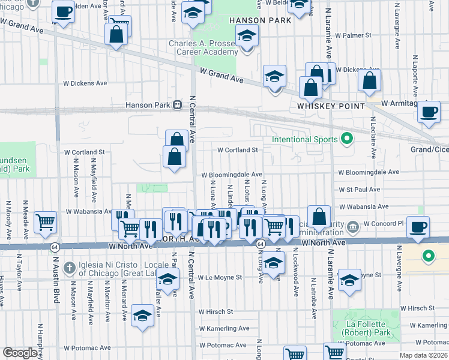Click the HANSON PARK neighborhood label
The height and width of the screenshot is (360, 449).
click(x=260, y=20)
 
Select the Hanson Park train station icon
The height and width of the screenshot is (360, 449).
click(x=177, y=105)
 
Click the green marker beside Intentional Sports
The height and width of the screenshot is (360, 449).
click(x=346, y=139)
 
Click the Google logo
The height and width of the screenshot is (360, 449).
click(x=20, y=353)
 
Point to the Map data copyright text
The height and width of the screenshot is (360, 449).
click(x=424, y=355)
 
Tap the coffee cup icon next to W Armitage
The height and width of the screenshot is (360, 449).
click(x=429, y=112)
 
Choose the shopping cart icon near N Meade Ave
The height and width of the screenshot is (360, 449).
click(x=46, y=222)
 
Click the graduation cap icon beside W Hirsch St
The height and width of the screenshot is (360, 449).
click(x=143, y=315)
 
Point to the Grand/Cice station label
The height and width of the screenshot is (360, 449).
click(x=429, y=149)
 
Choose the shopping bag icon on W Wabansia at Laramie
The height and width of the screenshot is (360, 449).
click(x=320, y=217)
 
